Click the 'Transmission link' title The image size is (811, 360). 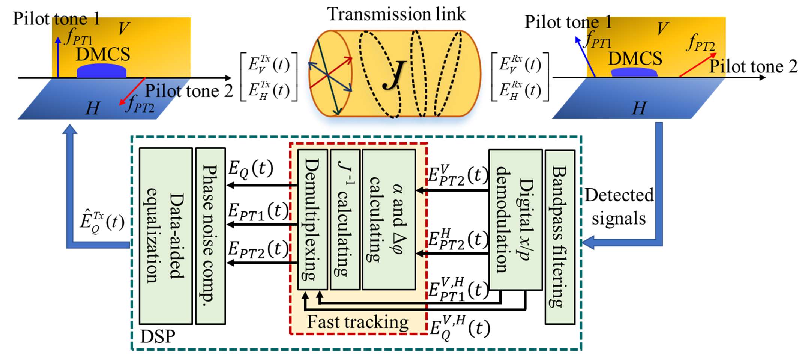pyautogui.click(x=396, y=14)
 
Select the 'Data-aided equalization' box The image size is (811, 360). pyautogui.click(x=165, y=236)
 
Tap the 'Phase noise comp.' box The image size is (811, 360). pyautogui.click(x=210, y=236)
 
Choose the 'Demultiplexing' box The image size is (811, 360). pyautogui.click(x=312, y=219)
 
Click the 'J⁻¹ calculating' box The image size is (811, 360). pyautogui.click(x=345, y=219)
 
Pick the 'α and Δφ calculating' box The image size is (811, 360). pyautogui.click(x=389, y=219)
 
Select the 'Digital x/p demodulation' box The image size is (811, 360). pyautogui.click(x=515, y=219)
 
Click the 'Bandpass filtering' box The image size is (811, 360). pyautogui.click(x=560, y=237)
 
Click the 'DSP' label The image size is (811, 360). pyautogui.click(x=158, y=336)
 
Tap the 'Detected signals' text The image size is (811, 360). pyautogui.click(x=619, y=206)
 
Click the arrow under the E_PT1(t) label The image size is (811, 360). pyautogui.click(x=261, y=225)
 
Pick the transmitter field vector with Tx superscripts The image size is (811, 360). pyautogui.click(x=269, y=77)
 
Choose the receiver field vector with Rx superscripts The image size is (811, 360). pyautogui.click(x=520, y=77)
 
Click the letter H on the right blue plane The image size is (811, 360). pyautogui.click(x=639, y=108)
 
